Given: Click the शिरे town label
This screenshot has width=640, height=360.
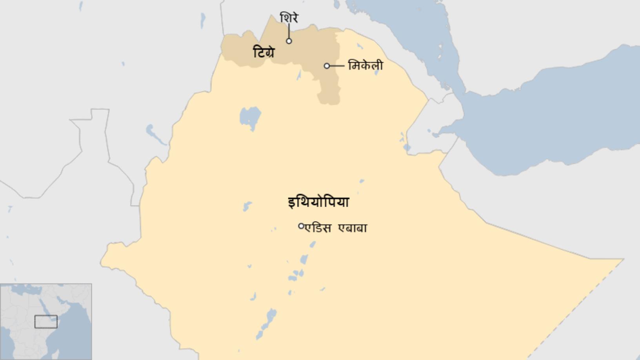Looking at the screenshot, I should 289,18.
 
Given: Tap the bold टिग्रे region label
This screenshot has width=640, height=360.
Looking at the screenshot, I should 264,52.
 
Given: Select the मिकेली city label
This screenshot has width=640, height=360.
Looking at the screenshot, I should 365,65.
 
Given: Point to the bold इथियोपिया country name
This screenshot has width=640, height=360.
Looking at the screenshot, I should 318,202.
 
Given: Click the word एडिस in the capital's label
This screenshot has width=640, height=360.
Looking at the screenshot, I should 318,228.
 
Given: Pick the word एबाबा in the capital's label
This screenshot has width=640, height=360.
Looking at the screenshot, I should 353,228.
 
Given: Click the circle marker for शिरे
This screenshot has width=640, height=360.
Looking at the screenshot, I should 289,41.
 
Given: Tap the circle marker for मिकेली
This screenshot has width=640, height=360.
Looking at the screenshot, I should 327,66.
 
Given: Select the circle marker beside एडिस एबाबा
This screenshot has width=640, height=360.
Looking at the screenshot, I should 301,226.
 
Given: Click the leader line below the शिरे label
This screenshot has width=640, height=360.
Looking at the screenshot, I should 289,31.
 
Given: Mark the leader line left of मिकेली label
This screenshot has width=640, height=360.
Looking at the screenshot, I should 337,66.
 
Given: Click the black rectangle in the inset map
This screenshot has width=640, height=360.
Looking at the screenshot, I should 46,322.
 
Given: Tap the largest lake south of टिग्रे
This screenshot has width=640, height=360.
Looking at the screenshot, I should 250,117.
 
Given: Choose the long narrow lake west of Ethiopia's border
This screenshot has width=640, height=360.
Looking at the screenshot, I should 156,134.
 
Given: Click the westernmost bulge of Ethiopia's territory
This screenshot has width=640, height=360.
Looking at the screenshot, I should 104,261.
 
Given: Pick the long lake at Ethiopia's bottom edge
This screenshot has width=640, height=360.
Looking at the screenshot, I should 267,324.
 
